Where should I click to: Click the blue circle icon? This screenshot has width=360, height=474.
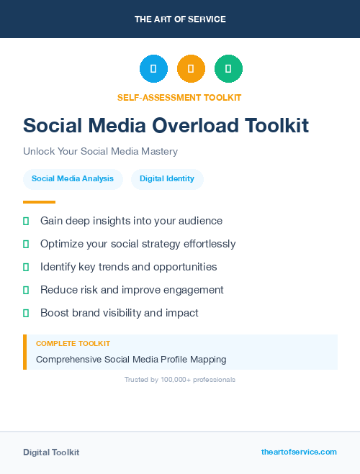tap(153, 69)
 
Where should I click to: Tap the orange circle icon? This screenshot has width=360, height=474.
tap(191, 69)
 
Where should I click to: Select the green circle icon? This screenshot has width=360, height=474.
tap(228, 69)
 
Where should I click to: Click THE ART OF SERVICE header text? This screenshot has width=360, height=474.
tap(180, 19)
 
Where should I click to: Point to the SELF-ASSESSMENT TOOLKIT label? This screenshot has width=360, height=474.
tap(179, 97)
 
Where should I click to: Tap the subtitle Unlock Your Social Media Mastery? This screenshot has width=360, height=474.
tap(100, 151)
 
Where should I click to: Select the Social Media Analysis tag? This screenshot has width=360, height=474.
tap(73, 178)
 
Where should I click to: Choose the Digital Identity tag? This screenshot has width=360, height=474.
tap(167, 178)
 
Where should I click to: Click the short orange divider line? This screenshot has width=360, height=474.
tap(39, 201)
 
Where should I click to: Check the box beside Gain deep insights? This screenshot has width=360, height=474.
tap(26, 221)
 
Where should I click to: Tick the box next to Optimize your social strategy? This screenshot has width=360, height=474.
tap(26, 244)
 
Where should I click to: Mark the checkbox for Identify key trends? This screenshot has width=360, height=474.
tap(26, 267)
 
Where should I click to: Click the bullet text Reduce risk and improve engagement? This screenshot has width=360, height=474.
tap(132, 290)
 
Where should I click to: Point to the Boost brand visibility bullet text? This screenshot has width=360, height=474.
tap(119, 313)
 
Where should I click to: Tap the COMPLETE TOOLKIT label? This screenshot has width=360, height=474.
tap(73, 344)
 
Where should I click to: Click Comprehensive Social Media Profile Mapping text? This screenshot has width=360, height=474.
tap(131, 359)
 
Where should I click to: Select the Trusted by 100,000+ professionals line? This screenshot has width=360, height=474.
tap(180, 379)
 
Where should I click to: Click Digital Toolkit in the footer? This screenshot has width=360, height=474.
tap(51, 452)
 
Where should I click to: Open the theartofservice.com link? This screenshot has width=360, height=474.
tap(299, 452)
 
